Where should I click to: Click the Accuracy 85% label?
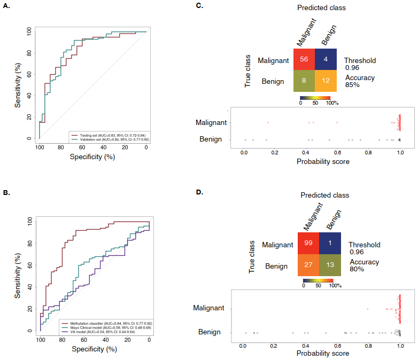[x=359, y=81]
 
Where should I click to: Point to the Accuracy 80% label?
[x=364, y=265]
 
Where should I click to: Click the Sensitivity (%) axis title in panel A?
[x=19, y=85]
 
